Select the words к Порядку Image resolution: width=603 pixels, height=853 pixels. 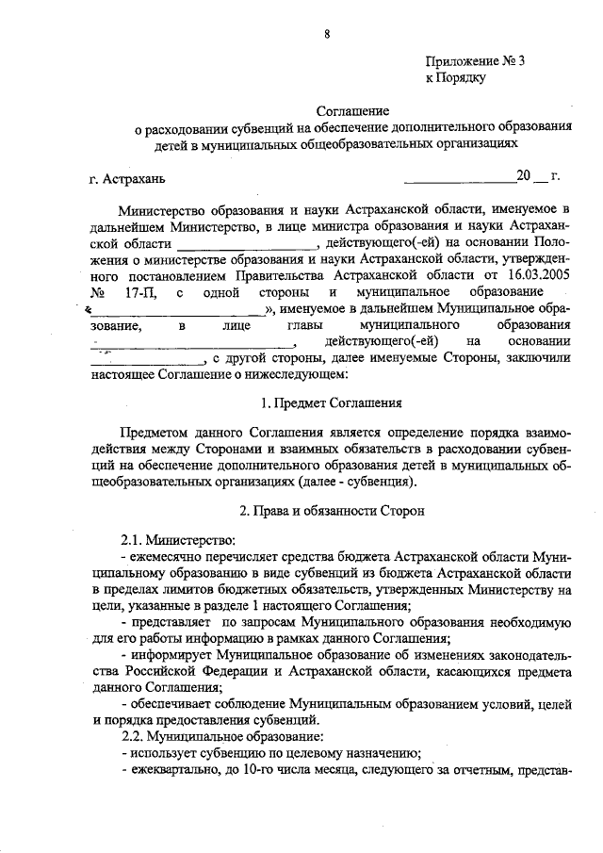pyautogui.click(x=455, y=78)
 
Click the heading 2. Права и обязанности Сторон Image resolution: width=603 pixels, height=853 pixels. pyautogui.click(x=326, y=511)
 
